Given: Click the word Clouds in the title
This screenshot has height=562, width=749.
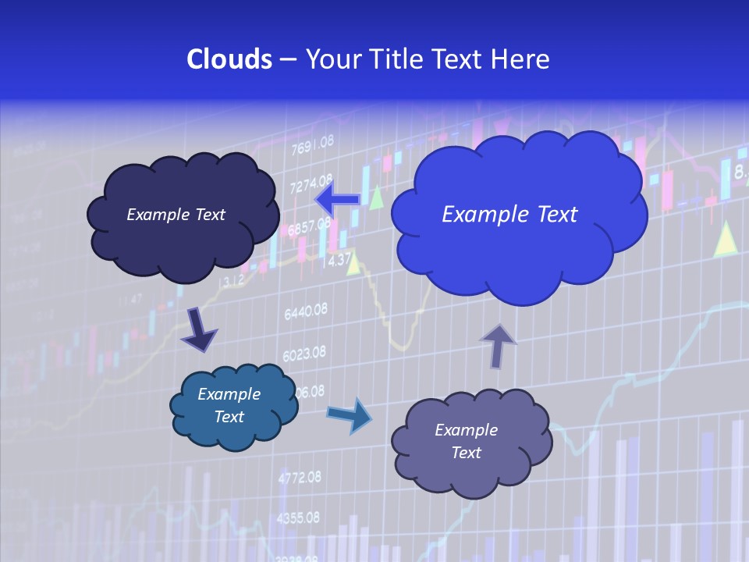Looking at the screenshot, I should click(x=229, y=59).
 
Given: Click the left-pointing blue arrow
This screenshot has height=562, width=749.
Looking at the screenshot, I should click(x=338, y=200).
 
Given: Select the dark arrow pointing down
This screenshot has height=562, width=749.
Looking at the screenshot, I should click(x=198, y=330).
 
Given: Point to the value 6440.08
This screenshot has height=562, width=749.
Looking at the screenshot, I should click(x=306, y=312).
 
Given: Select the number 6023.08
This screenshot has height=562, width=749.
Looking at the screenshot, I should click(x=304, y=354).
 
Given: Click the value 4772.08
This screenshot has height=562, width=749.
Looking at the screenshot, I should click(x=299, y=476).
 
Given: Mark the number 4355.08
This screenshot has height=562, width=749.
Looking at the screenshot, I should click(x=298, y=518).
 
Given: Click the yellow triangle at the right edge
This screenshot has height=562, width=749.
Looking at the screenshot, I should click(x=726, y=240).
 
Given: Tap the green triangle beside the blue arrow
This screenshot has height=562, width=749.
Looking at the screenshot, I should click(x=377, y=197).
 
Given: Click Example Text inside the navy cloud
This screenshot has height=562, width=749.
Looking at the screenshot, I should click(x=176, y=215).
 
